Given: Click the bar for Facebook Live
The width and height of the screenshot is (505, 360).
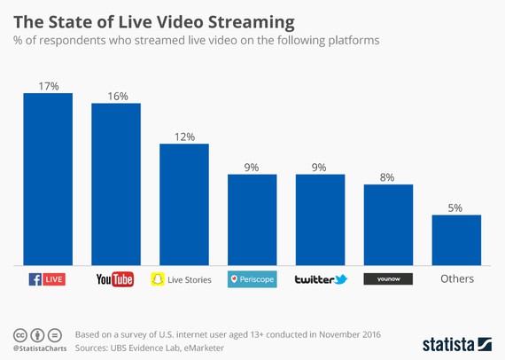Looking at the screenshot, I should [x=47, y=178].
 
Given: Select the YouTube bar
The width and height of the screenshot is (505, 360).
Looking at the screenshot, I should [x=116, y=184].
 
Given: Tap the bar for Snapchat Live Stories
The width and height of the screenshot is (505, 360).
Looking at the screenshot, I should [x=183, y=204].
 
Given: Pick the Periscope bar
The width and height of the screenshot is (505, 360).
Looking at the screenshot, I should [x=252, y=219].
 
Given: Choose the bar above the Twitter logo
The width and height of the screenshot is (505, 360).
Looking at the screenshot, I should [x=320, y=219].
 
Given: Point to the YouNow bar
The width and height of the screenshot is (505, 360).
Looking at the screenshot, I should [x=388, y=224].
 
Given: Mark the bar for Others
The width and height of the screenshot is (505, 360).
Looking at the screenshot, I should [x=456, y=239].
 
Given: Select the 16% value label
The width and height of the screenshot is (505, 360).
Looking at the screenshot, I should [x=116, y=94].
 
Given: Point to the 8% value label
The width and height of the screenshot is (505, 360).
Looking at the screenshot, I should [x=388, y=176].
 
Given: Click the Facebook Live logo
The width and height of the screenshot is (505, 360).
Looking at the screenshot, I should [x=47, y=279].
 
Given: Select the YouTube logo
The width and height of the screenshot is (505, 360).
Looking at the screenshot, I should [x=115, y=279].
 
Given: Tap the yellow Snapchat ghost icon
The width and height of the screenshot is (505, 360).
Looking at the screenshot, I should [x=159, y=279].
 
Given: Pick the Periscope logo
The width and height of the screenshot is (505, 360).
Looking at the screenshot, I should [x=252, y=279].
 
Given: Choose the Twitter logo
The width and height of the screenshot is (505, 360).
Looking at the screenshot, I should [x=321, y=279].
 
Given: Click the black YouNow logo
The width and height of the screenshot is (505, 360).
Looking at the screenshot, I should [x=388, y=279].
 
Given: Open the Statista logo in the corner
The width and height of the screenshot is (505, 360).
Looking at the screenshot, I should [x=456, y=342].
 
